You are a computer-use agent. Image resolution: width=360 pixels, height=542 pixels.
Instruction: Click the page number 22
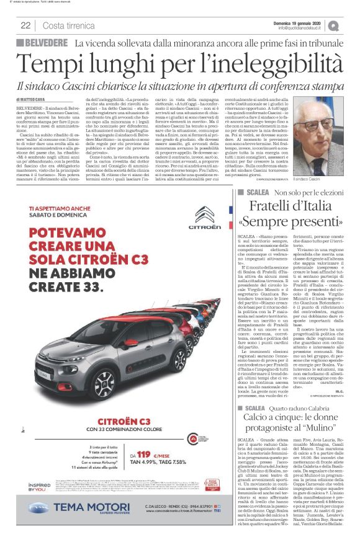pyautogui.click(x=25, y=25)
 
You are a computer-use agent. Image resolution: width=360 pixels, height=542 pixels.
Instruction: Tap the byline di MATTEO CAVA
pyautogui.click(x=34, y=99)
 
